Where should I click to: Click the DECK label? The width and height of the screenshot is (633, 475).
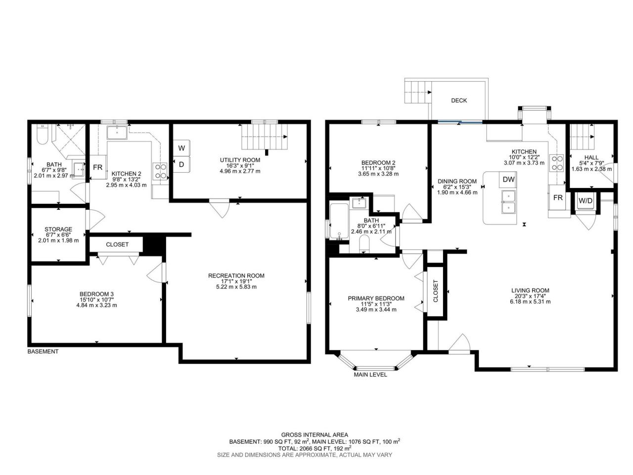[458, 100]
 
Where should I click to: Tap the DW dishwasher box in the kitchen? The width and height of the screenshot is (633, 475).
[508, 180]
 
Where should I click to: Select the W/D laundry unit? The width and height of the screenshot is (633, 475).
[586, 201]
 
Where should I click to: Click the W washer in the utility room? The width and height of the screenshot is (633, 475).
[181, 148]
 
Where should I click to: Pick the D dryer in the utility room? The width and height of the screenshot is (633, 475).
[181, 164]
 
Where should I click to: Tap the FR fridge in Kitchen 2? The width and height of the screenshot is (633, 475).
[98, 167]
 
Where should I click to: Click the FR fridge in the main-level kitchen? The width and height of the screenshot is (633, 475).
[558, 197]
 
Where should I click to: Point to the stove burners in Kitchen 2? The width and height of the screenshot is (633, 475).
[160, 171]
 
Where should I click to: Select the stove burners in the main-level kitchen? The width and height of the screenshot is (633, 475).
[556, 163]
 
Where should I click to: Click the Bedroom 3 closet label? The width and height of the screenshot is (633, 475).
[117, 244]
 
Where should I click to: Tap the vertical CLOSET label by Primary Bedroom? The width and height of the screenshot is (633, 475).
[436, 291]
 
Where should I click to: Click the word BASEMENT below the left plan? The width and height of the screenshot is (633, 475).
[43, 352]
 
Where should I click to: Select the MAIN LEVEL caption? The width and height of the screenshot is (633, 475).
[370, 375]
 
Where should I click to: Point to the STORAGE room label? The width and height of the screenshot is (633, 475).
[58, 229]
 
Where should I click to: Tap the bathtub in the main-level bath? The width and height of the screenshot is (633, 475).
[339, 222]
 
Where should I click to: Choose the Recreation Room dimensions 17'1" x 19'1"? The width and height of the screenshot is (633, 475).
[236, 281]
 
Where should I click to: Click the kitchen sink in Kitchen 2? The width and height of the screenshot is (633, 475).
[117, 133]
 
